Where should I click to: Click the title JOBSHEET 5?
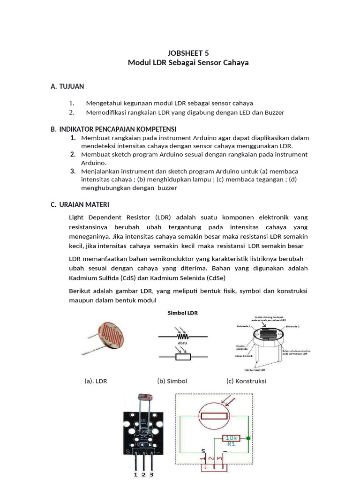click(188, 53)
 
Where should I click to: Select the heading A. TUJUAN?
click(67, 86)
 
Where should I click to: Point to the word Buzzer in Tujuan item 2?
click(274, 112)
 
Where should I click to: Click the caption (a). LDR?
click(96, 381)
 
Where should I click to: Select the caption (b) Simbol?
click(172, 381)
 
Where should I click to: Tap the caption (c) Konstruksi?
click(246, 381)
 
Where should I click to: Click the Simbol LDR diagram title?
click(183, 313)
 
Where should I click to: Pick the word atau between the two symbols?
click(182, 344)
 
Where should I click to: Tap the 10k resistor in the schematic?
click(231, 438)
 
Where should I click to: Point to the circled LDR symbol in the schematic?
click(214, 416)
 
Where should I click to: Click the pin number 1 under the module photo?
click(136, 474)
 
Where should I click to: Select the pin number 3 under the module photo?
click(151, 474)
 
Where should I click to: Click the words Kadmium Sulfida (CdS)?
click(97, 278)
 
